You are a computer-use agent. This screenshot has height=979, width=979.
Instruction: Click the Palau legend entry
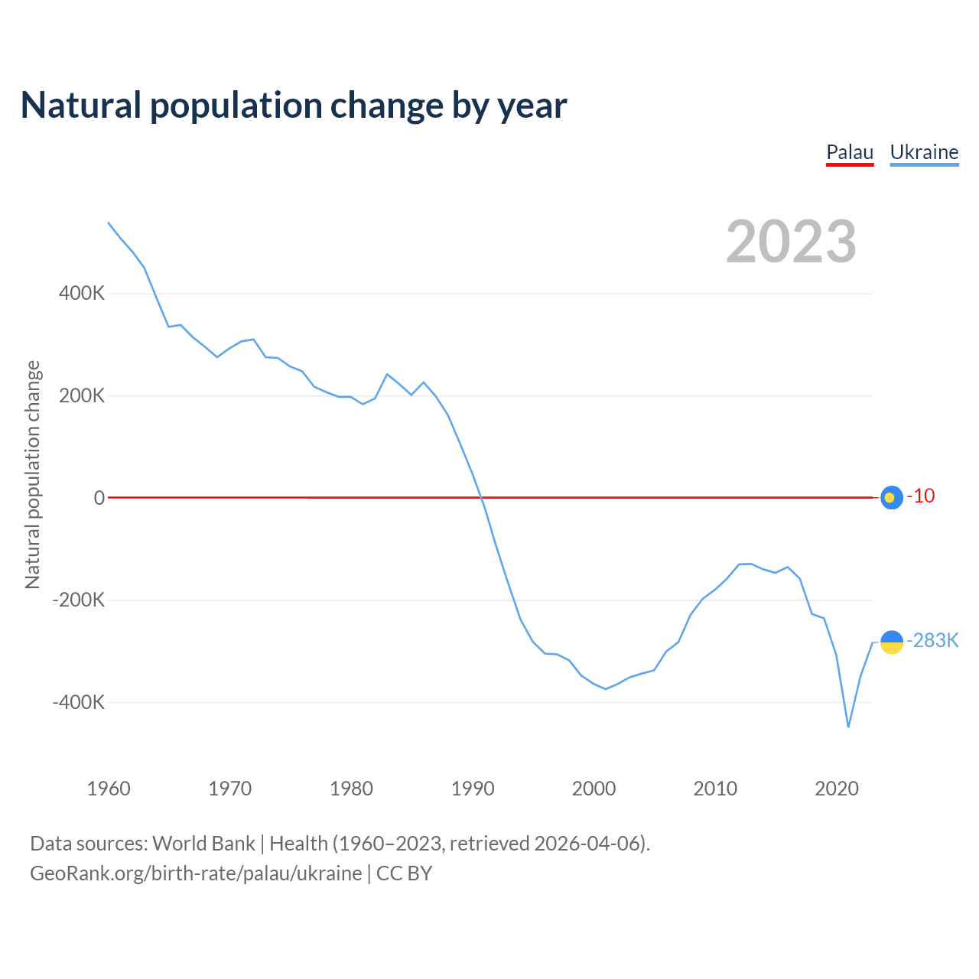(850, 152)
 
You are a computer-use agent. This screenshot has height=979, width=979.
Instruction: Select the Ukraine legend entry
(924, 152)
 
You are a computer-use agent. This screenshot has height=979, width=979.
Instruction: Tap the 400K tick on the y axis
(82, 293)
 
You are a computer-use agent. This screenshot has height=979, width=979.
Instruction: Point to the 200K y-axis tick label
(82, 395)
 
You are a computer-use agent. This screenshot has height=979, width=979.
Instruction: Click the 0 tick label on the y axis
(99, 498)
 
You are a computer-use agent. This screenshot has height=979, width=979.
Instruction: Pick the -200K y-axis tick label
(79, 600)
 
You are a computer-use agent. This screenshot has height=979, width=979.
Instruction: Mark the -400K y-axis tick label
(79, 702)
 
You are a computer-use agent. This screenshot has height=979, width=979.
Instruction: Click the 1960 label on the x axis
(109, 789)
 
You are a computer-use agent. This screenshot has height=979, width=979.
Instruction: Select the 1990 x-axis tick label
(473, 789)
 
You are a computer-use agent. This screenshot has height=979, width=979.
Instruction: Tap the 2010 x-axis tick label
(715, 789)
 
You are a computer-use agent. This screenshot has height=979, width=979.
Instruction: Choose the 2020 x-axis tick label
(837, 789)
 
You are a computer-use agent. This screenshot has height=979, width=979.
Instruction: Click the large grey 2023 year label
(791, 242)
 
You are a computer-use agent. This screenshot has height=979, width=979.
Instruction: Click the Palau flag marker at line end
(892, 498)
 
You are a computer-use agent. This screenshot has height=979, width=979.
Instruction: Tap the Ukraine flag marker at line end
(892, 642)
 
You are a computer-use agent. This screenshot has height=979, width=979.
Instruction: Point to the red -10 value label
(921, 496)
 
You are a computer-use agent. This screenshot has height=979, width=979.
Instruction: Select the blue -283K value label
(932, 641)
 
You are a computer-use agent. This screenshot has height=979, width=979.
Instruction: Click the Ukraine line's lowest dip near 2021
(848, 726)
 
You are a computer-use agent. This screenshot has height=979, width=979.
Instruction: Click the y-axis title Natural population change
(33, 475)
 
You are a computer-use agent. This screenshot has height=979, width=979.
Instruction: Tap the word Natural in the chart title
(81, 106)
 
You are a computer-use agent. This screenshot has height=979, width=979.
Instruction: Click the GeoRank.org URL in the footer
(196, 873)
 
